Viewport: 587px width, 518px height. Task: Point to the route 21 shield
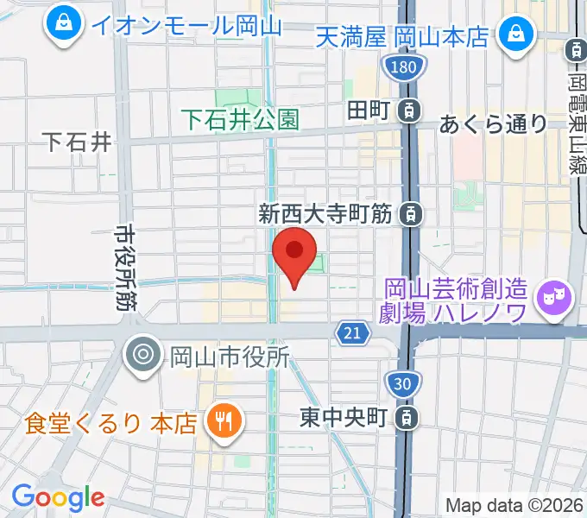350,333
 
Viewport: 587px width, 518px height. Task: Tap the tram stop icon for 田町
412,110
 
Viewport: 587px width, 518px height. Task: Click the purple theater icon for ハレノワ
552,300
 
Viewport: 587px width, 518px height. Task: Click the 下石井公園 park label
241,119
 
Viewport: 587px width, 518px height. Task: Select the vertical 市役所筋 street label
123,267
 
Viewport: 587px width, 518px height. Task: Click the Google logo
57,497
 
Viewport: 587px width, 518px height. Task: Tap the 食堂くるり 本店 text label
110,423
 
